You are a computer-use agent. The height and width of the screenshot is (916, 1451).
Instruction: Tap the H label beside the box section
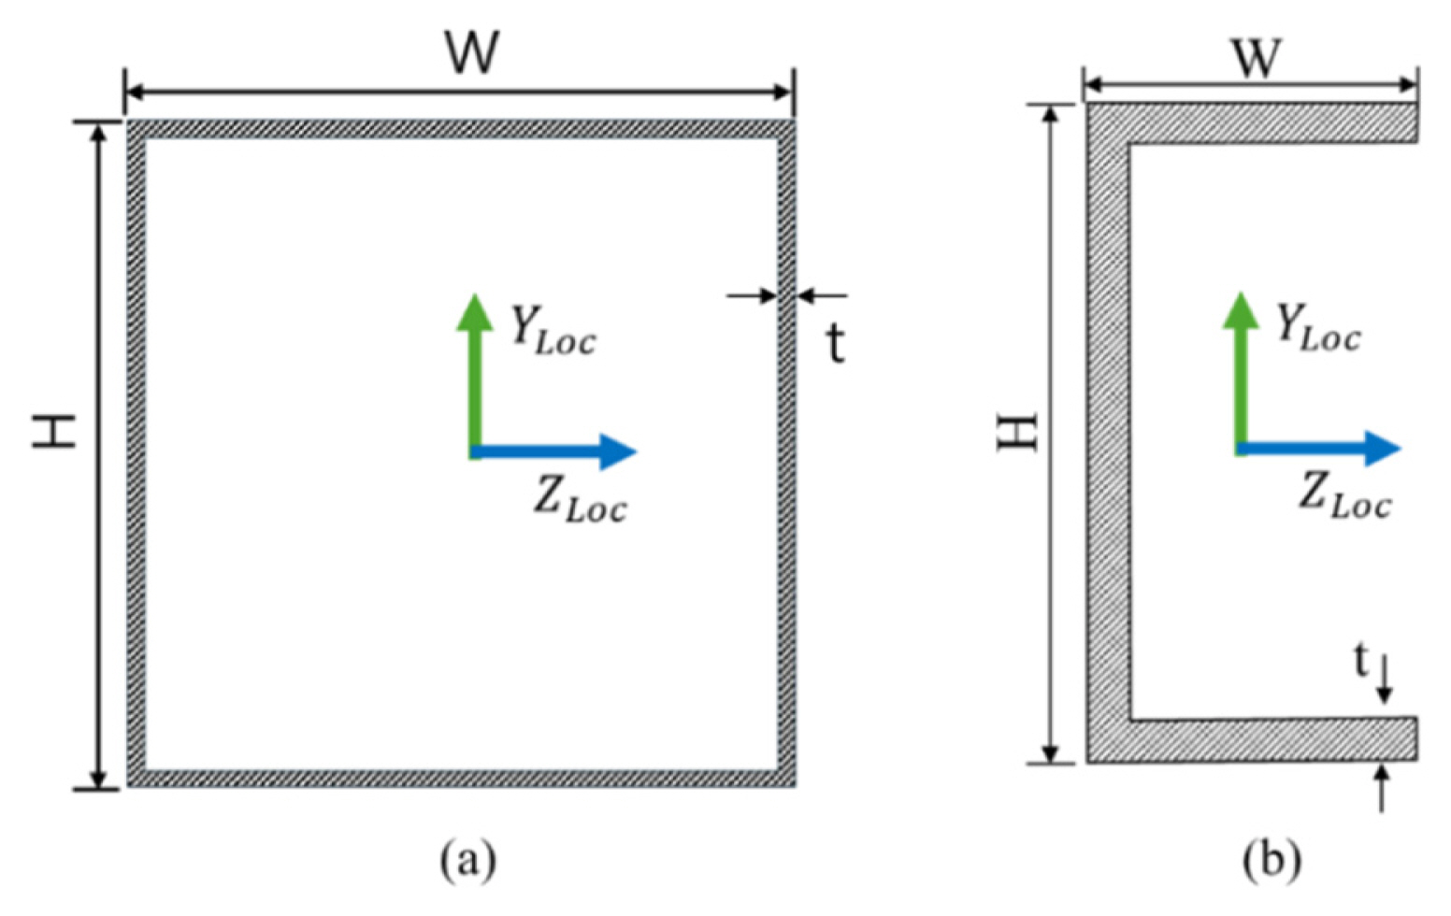[x=53, y=431]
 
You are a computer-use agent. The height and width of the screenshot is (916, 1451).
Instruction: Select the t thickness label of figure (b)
[x=1361, y=661]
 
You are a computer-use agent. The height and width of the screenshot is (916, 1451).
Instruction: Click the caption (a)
[x=467, y=858]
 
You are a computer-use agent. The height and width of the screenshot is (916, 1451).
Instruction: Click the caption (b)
[x=1271, y=858]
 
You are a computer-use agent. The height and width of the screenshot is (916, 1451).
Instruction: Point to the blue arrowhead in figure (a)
[x=618, y=451]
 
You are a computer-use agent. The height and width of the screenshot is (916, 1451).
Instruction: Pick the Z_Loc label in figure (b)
[x=1344, y=495]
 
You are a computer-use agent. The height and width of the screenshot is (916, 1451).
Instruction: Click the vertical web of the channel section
[x=1108, y=431]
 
